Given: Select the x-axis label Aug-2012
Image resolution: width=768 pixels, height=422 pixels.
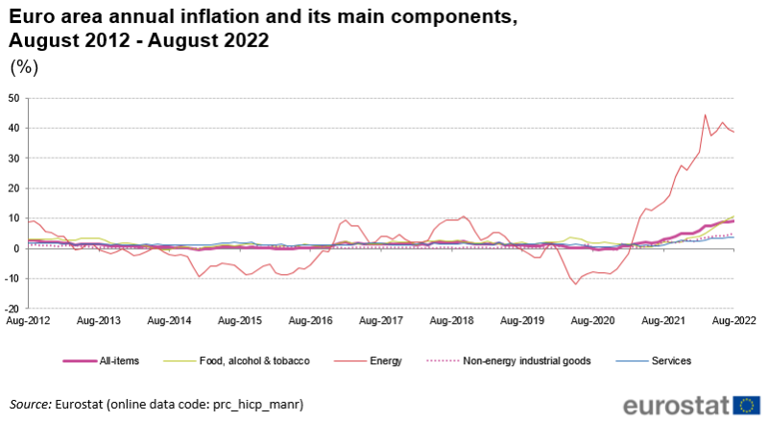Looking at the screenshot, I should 24,319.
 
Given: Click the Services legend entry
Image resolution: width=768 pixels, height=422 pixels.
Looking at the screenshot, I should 672,361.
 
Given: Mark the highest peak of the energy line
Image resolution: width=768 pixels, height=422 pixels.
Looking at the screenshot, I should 706,115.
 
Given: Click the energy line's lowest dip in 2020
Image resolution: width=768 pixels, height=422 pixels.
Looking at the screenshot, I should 576,284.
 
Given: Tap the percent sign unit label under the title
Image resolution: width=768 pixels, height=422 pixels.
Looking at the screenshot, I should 23,67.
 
